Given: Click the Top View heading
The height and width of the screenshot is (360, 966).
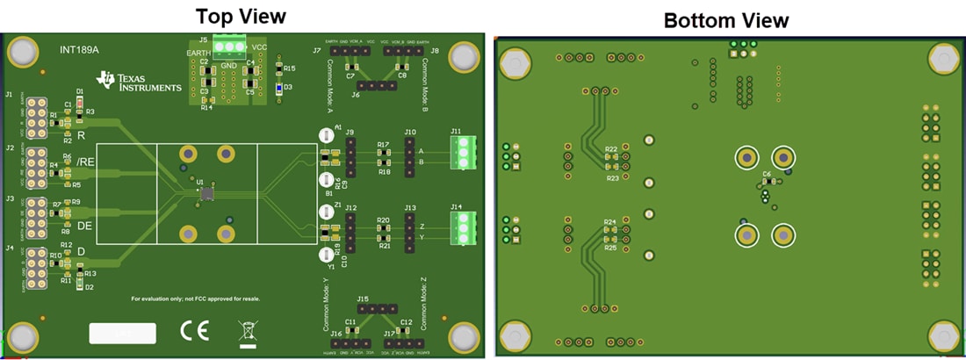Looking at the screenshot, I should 241,16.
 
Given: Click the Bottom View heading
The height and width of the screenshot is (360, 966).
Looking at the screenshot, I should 725,20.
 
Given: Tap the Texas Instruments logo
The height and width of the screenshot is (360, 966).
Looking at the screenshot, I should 140,82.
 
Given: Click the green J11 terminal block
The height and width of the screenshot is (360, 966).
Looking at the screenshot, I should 463,152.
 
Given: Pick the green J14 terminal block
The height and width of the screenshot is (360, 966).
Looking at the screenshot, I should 463,228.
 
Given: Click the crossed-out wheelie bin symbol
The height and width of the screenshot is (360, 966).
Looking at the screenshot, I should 248,332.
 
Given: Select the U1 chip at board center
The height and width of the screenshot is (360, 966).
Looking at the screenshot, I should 206,193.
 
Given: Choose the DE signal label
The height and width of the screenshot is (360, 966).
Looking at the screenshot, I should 86,226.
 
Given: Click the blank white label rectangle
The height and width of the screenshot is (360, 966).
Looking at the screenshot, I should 122,333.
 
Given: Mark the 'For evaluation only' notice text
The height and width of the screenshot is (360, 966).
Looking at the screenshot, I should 195,299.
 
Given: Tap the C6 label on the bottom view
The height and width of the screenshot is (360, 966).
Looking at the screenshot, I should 767,175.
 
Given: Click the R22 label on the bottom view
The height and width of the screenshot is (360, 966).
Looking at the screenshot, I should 611,149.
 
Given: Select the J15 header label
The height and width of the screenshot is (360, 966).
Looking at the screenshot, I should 364,299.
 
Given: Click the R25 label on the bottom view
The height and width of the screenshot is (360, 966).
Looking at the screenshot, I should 611,248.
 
